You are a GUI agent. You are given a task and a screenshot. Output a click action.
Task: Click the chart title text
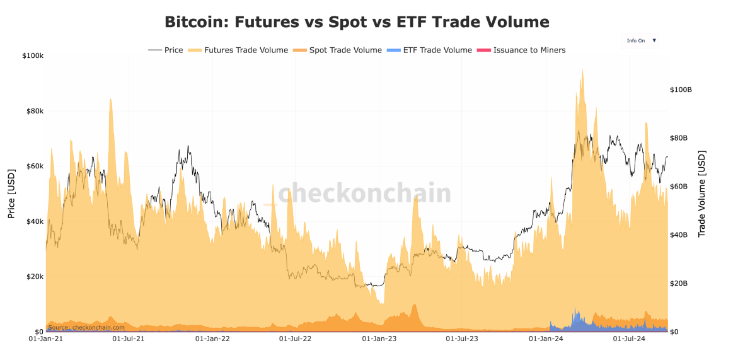pyautogui.click(x=357, y=22)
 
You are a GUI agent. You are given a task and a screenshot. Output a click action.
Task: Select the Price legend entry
pyautogui.click(x=166, y=50)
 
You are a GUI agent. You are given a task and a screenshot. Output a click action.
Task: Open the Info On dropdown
pyautogui.click(x=641, y=40)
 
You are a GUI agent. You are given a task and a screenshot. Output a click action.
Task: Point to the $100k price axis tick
pyautogui.click(x=32, y=56)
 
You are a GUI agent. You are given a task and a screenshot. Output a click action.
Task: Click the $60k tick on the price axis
pyautogui.click(x=34, y=166)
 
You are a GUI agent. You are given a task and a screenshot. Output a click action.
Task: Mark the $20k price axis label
pyautogui.click(x=34, y=277)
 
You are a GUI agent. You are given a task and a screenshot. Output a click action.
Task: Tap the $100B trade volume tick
pyautogui.click(x=681, y=90)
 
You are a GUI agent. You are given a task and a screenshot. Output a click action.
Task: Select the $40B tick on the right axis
pyautogui.click(x=679, y=235)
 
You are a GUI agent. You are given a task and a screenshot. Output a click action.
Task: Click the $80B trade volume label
pyautogui.click(x=679, y=138)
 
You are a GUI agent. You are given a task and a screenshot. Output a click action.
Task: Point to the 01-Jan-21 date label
pyautogui.click(x=46, y=339)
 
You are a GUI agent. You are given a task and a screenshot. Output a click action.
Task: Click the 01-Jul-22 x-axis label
pyautogui.click(x=295, y=339)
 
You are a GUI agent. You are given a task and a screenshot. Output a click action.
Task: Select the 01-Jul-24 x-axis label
pyautogui.click(x=629, y=339)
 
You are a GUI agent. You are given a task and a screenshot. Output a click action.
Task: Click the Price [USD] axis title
pyautogui.click(x=11, y=194)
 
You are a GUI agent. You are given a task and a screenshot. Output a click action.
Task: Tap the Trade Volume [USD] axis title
pyautogui.click(x=702, y=194)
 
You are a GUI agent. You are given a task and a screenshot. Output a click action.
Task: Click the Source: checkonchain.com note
pyautogui.click(x=86, y=327)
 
